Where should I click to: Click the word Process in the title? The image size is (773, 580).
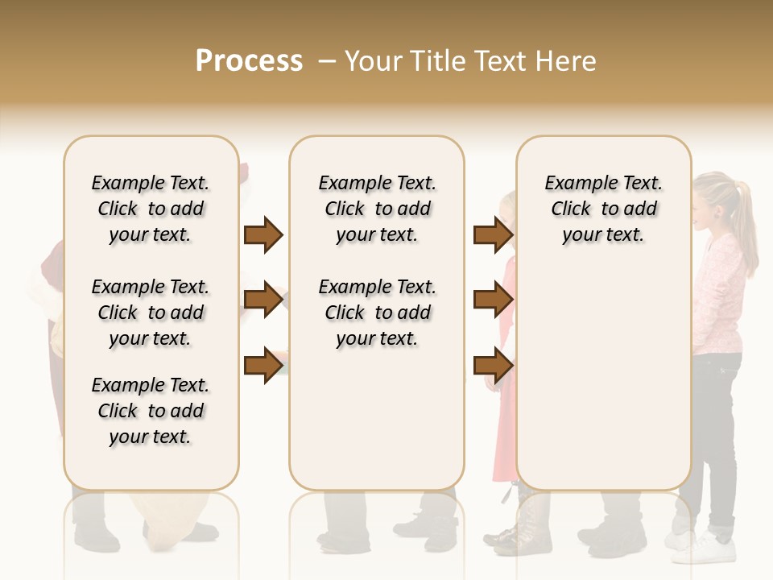tap(249, 61)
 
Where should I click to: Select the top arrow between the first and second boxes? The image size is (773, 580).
tap(263, 234)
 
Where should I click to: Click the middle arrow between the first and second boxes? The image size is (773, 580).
tap(263, 300)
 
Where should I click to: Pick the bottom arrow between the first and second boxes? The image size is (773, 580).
tap(263, 364)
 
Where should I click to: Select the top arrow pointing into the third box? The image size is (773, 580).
tap(493, 234)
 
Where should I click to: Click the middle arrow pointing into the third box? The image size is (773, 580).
tap(493, 300)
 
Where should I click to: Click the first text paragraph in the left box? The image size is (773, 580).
tap(151, 209)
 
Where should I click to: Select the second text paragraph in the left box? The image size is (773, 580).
tap(151, 313)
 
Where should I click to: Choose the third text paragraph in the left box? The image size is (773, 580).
tap(151, 411)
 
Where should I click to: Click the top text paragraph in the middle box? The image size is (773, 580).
tap(377, 209)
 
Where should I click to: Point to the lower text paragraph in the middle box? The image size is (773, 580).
tap(377, 313)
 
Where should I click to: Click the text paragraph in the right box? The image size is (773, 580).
tap(603, 209)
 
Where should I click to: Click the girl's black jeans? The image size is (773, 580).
tap(719, 435)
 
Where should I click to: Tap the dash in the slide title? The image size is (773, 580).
tap(327, 61)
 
